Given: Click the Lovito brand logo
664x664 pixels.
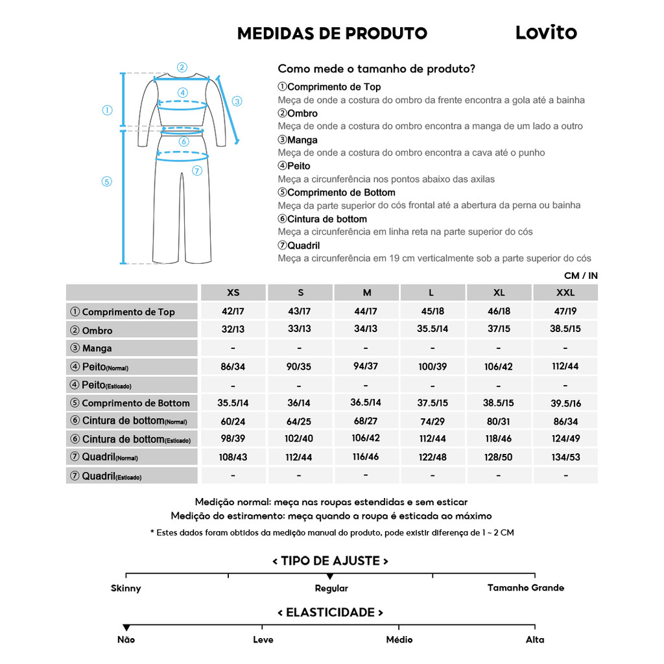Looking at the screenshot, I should click(545, 32).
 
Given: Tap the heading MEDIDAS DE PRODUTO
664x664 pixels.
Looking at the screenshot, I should click(332, 34).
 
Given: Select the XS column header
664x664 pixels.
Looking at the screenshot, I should click(233, 292).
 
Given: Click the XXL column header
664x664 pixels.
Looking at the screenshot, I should click(565, 292).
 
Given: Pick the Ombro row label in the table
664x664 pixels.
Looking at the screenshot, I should click(97, 330).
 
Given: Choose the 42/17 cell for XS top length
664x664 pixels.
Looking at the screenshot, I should click(233, 311).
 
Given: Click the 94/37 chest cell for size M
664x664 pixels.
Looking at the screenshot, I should click(366, 366).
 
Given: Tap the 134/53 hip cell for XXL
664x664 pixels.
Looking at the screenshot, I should click(565, 457).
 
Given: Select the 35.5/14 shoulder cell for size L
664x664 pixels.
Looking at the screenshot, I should click(433, 329).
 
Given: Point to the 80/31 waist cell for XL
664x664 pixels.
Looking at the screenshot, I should click(499, 421).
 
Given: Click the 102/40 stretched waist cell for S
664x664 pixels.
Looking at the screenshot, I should click(299, 439).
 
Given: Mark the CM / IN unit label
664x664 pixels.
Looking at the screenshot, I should click(580, 276).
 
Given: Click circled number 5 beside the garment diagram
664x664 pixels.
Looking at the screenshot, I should click(107, 182).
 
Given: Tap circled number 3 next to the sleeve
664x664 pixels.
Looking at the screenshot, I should click(237, 101).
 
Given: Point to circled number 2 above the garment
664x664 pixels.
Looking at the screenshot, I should click(182, 67).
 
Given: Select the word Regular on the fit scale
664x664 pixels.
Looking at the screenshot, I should click(331, 589).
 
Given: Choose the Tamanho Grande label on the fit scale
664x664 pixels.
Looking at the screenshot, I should click(526, 587).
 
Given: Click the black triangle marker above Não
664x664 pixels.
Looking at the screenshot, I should click(126, 627).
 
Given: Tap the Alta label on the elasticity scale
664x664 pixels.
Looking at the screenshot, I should click(535, 639).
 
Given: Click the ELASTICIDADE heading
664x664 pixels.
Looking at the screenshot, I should click(330, 612).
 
